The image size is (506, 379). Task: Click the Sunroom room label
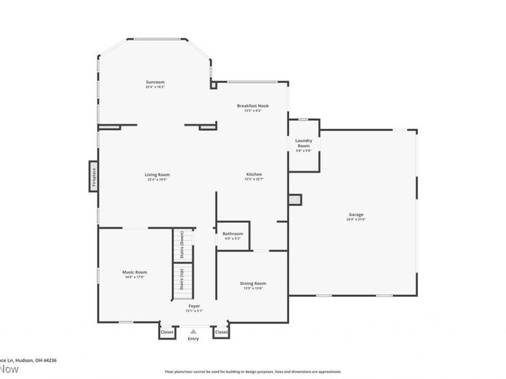[x=155, y=82]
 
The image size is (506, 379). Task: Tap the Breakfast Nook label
[x=253, y=105]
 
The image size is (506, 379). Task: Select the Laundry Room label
[x=303, y=143]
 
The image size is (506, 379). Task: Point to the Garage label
[x=355, y=215]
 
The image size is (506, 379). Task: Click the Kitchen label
[x=254, y=174]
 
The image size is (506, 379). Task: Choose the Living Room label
[x=157, y=175]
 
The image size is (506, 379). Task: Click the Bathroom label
[x=233, y=234]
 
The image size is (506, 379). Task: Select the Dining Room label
[x=252, y=284]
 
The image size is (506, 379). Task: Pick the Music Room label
[x=135, y=272]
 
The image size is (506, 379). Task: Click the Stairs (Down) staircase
[x=182, y=244]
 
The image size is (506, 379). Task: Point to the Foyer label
[x=194, y=306]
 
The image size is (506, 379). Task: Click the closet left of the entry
[x=167, y=332]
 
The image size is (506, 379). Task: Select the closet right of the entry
[x=221, y=332]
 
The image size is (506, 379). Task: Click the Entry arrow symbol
[x=194, y=330]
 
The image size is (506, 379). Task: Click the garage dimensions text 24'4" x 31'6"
[x=355, y=219]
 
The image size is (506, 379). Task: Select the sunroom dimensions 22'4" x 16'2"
[x=155, y=87]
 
